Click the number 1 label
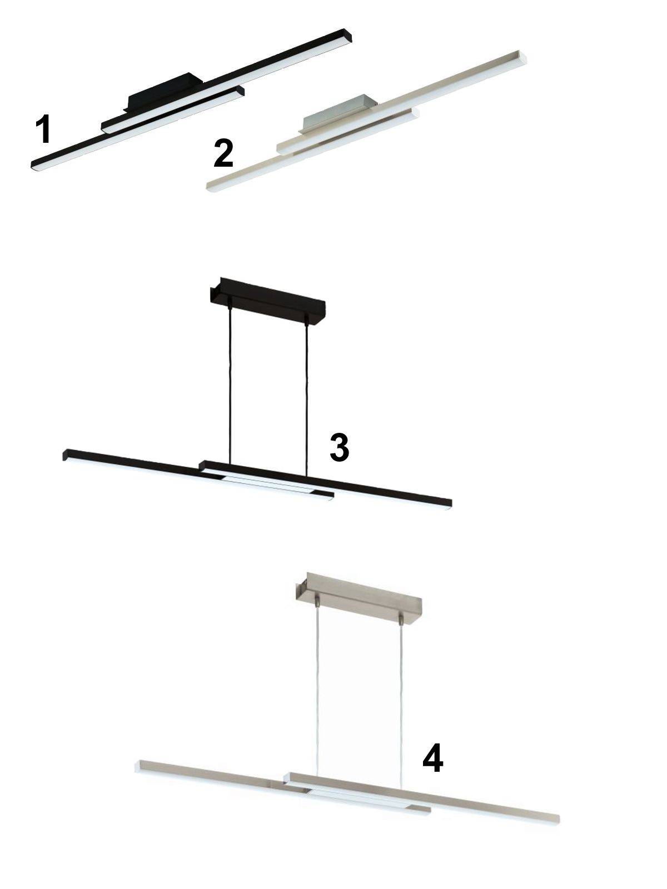point(43,129)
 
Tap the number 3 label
point(340,447)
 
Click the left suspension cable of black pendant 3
point(230,383)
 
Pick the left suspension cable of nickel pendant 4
point(317,691)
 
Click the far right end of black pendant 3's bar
point(449,504)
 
